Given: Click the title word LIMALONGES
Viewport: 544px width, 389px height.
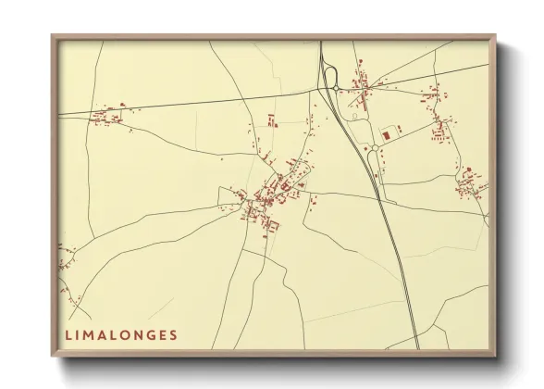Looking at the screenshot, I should click(x=121, y=334).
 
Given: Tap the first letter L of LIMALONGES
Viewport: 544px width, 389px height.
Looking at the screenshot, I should click(x=68, y=334).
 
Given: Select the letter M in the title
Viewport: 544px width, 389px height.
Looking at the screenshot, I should click(x=91, y=334).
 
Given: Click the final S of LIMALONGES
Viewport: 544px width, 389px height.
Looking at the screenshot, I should click(x=173, y=334).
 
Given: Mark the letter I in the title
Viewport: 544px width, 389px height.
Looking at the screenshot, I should click(x=79, y=334).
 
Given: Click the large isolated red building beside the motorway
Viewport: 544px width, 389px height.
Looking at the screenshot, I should click(x=385, y=136).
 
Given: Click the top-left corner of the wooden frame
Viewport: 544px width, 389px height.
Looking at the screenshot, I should click(x=53, y=36).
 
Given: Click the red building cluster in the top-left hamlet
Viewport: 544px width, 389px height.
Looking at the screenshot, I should click(x=107, y=116).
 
